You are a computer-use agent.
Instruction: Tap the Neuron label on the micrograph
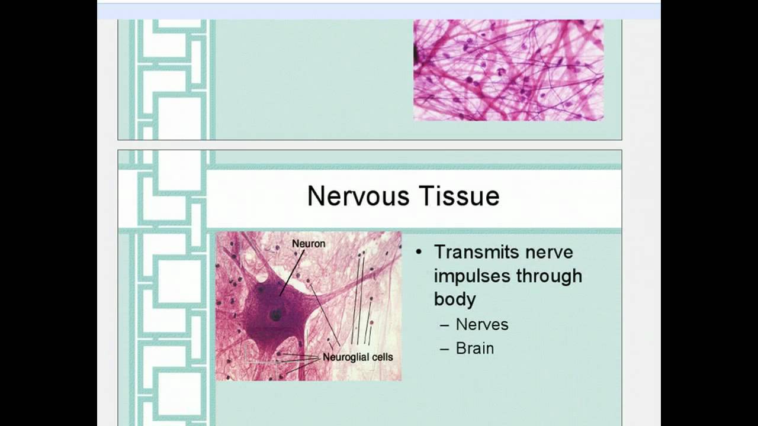(308, 243)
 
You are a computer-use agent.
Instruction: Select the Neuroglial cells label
(357, 357)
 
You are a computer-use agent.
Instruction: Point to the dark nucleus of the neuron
(276, 315)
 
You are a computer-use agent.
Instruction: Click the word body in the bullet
(454, 299)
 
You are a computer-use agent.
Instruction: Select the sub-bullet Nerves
(482, 324)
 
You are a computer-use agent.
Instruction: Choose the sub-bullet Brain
(474, 348)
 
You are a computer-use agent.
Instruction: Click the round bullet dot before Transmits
(419, 252)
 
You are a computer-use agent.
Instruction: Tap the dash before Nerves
(445, 325)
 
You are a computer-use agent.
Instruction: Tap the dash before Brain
(445, 348)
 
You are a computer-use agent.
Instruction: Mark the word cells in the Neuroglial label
(379, 357)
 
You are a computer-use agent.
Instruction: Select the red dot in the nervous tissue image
(371, 323)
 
